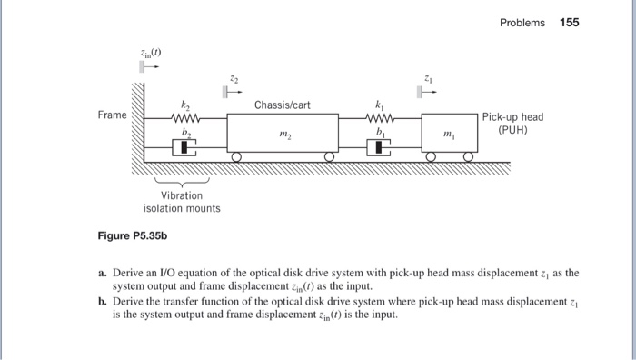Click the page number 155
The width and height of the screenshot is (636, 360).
click(x=569, y=23)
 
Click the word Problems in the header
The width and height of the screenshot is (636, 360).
click(x=522, y=23)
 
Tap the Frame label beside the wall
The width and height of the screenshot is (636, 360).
click(x=113, y=116)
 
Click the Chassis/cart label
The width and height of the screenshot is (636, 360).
click(x=283, y=105)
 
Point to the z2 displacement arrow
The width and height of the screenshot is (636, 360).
click(x=228, y=91)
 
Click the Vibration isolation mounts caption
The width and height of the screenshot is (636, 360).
click(x=182, y=202)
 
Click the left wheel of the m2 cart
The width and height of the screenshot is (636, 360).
click(x=236, y=157)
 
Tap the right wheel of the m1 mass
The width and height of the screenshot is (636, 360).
click(x=469, y=157)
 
